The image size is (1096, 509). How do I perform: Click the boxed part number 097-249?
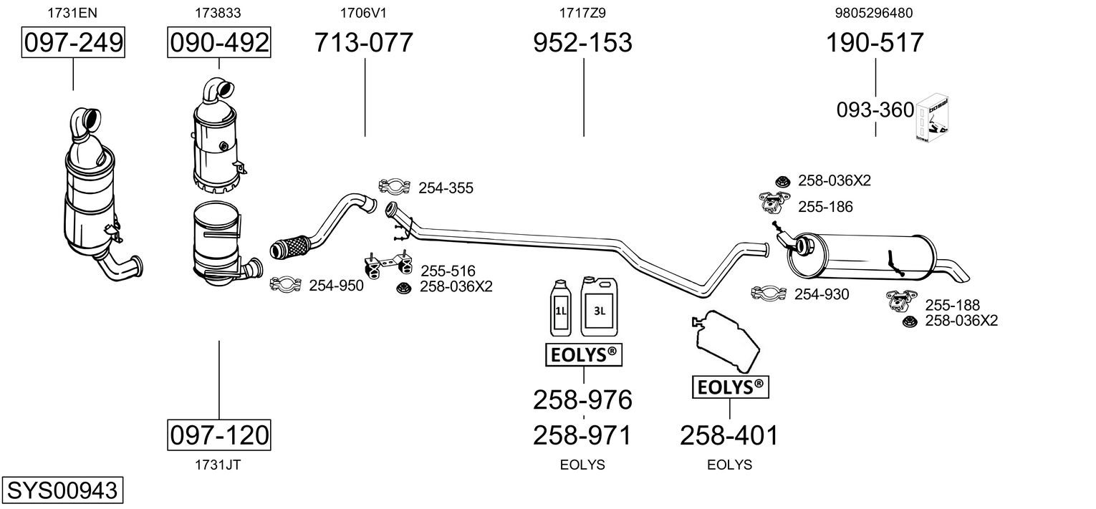click(x=73, y=42)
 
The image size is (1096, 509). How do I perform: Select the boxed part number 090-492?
click(x=219, y=42)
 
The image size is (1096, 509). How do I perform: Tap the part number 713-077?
click(x=363, y=42)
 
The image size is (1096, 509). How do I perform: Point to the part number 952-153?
click(x=582, y=42)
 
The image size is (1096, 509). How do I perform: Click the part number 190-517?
click(x=875, y=42)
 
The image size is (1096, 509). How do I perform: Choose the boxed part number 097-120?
click(x=219, y=435)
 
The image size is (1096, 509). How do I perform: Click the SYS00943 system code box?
click(x=62, y=490)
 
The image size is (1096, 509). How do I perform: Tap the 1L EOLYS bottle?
click(x=561, y=308)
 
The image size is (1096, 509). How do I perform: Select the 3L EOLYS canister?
click(x=600, y=306)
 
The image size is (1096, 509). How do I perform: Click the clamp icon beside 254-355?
click(x=395, y=186)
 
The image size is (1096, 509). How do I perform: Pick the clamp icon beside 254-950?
click(x=285, y=285)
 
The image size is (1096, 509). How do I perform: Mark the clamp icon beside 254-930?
click(x=769, y=293)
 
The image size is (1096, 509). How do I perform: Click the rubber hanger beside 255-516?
click(x=388, y=265)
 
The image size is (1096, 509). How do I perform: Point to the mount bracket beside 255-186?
click(x=774, y=203)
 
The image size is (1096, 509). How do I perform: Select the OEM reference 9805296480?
click(x=874, y=13)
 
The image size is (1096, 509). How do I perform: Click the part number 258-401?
click(x=729, y=435)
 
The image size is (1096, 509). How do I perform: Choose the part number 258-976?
click(x=582, y=400)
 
